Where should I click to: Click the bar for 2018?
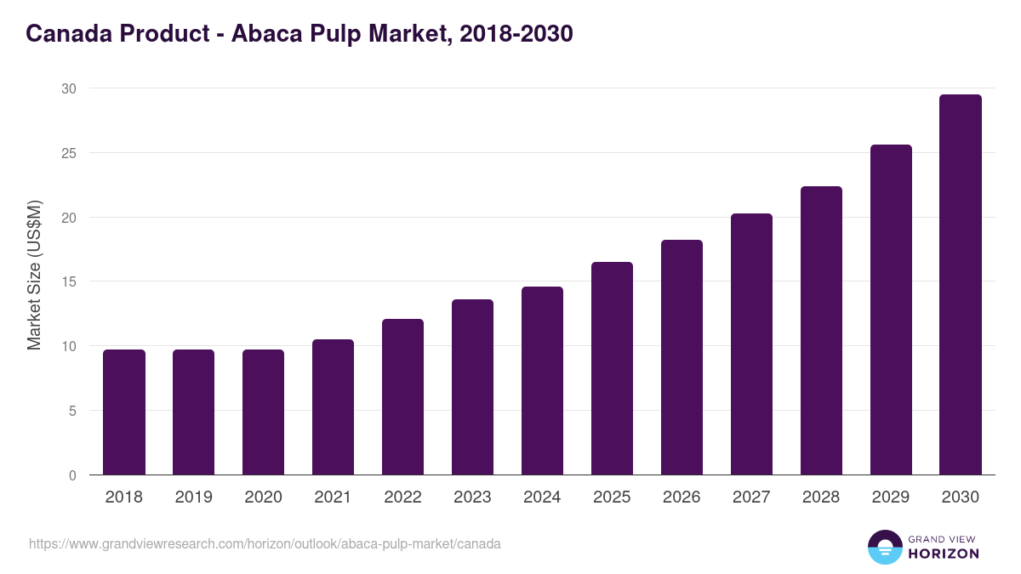tap(124, 412)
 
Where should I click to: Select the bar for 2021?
tap(333, 407)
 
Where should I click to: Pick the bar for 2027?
tap(751, 344)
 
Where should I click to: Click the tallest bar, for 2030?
tap(961, 285)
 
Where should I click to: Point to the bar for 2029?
tap(891, 310)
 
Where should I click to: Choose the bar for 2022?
tap(402, 397)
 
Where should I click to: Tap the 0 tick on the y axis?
tap(72, 475)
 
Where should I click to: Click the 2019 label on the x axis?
tap(194, 497)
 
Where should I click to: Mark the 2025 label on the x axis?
tap(612, 497)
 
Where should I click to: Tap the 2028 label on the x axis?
tap(821, 497)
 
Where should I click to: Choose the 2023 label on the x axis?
tap(472, 497)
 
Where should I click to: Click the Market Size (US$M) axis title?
tap(34, 276)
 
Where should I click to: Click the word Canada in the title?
tap(69, 34)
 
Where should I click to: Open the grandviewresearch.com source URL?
tap(265, 543)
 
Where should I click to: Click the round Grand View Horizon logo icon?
tap(884, 548)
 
